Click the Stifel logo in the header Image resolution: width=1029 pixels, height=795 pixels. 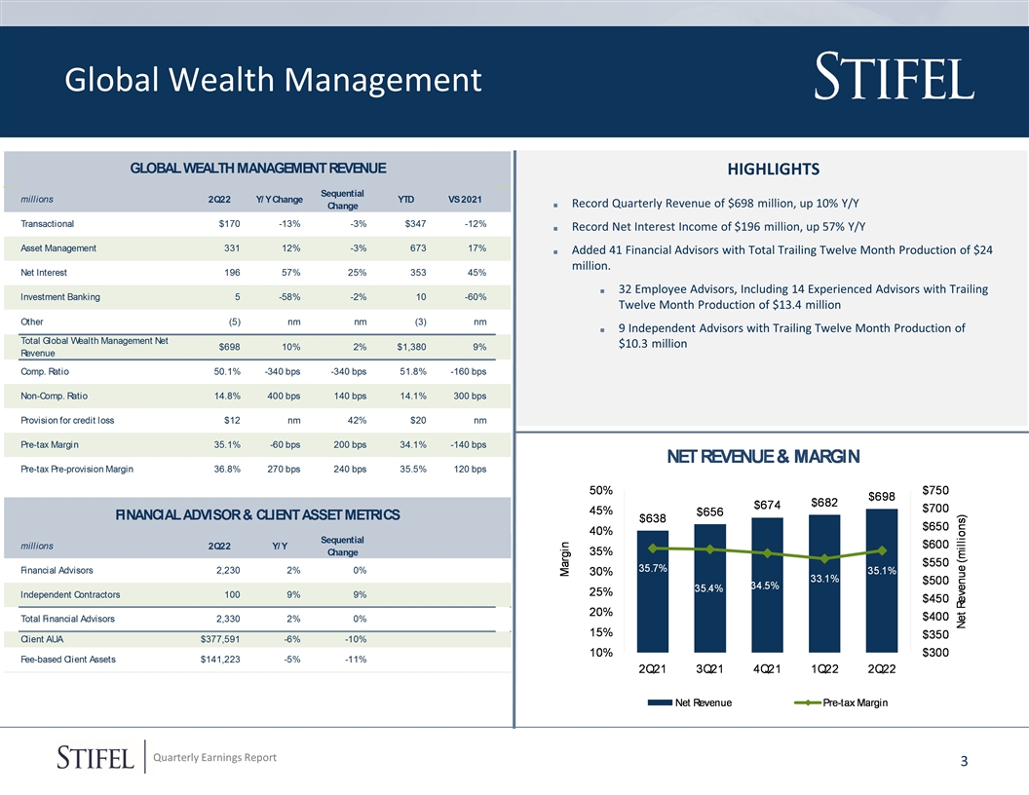click(893, 78)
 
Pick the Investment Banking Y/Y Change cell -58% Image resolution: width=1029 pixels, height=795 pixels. click(288, 297)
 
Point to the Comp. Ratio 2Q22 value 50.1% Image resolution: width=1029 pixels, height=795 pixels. click(227, 371)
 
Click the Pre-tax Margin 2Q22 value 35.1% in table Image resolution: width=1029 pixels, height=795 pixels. click(227, 445)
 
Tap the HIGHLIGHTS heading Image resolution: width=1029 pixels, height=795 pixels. click(772, 170)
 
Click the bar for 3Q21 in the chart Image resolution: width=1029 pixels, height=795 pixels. click(710, 585)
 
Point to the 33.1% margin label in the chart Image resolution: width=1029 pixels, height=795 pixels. click(824, 579)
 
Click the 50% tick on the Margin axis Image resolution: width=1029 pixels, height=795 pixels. click(600, 490)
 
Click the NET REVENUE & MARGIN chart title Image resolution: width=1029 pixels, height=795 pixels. click(762, 458)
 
